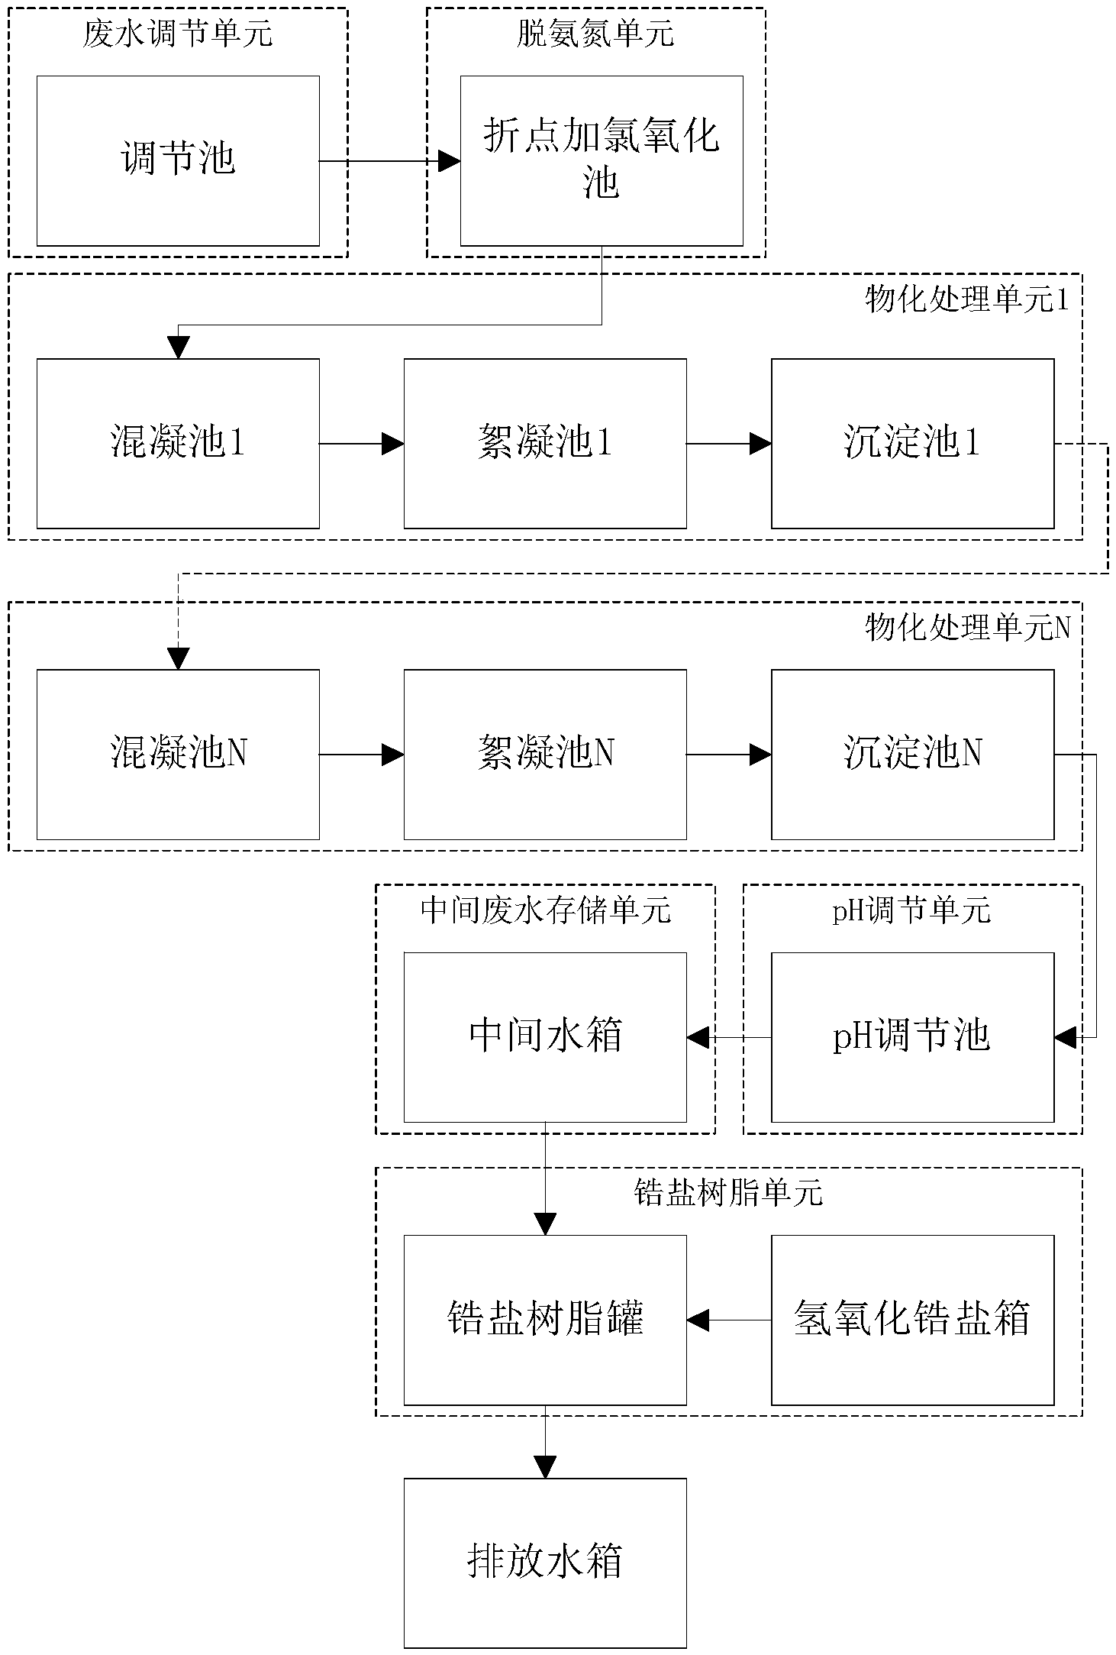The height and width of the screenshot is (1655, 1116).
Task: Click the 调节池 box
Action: pos(178,160)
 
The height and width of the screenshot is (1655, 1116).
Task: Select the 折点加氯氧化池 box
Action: pos(602,160)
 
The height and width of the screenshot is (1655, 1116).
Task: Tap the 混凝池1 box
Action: pos(178,443)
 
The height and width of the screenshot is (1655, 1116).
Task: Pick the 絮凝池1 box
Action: pos(545,443)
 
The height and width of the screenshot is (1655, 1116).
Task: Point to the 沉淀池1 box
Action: pos(912,443)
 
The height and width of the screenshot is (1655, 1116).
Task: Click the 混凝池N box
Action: pos(178,755)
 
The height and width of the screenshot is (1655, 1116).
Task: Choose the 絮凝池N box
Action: pos(545,755)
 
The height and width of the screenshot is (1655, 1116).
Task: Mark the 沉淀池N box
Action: pos(912,755)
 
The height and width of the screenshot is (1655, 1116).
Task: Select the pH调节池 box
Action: pos(912,1037)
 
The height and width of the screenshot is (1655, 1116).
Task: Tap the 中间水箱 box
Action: pos(545,1037)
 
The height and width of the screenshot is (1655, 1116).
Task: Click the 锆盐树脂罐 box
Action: pos(545,1320)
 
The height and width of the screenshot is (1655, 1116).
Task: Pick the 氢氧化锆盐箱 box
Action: pos(912,1320)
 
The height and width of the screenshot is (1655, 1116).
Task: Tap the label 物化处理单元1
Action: pos(967,299)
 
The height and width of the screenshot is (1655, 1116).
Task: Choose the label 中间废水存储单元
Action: pos(546,910)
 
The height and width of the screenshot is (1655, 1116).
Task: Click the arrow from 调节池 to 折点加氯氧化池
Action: pos(390,161)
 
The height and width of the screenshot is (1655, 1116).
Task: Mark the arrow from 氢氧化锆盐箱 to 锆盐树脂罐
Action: pos(729,1320)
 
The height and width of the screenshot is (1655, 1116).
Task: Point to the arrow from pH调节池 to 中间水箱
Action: pos(729,1037)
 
